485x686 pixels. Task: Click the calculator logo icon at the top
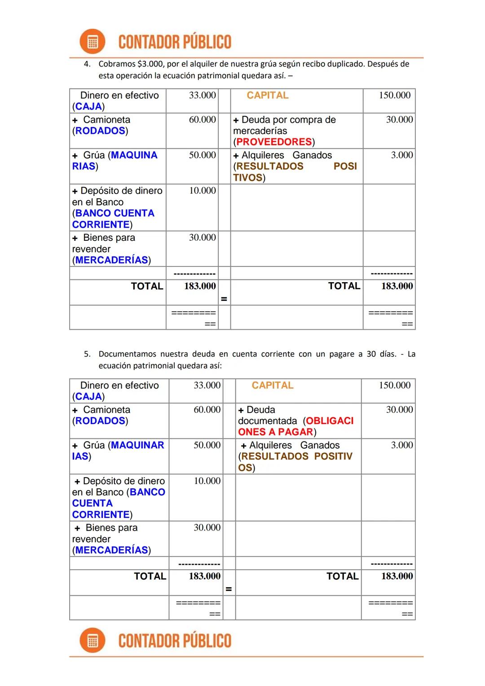coord(92,42)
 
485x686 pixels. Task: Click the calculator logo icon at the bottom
coord(92,640)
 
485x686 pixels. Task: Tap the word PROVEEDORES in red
coord(274,142)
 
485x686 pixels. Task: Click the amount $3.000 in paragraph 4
coord(150,64)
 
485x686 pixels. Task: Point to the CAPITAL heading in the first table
coord(268,95)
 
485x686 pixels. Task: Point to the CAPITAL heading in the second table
coord(273,385)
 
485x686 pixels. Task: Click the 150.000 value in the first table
coord(395,95)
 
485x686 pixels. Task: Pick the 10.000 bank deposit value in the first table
coord(203,190)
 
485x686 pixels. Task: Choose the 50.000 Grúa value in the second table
coord(207,445)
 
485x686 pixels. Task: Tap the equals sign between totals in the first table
coord(224,299)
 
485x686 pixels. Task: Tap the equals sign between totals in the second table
coord(229,589)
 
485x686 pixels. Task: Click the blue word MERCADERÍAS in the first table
coord(112,260)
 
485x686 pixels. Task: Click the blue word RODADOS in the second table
coord(100,421)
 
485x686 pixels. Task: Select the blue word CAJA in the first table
coord(88,106)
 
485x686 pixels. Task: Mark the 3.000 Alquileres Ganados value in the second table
coord(402,445)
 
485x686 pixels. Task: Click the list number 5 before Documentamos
coord(87,354)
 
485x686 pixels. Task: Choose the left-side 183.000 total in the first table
coord(200,286)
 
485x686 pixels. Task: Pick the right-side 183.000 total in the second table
coord(397,576)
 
